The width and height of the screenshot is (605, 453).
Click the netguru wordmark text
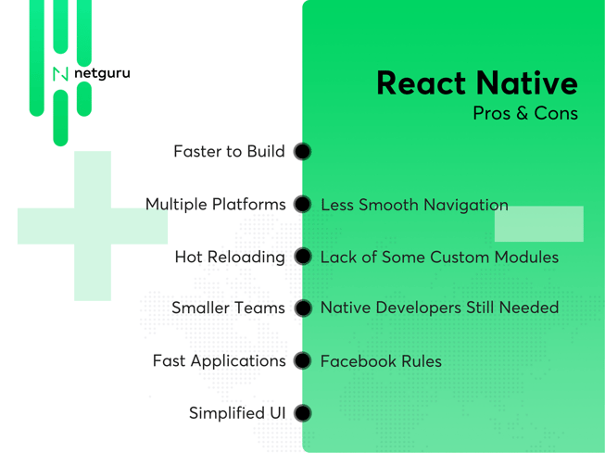(102, 73)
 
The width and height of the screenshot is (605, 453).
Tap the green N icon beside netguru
(60, 74)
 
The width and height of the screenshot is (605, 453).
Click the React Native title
(477, 83)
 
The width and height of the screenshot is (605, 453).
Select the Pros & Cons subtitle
(525, 113)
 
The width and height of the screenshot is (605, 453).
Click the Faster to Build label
(229, 151)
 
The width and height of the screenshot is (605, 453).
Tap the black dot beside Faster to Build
(302, 151)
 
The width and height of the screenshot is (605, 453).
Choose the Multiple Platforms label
(215, 205)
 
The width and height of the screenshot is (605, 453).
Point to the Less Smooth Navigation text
(414, 205)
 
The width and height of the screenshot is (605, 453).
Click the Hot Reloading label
(230, 258)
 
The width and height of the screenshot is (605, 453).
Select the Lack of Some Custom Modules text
(439, 258)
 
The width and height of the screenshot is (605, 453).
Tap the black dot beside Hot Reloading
(302, 257)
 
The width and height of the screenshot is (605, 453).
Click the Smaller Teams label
(228, 308)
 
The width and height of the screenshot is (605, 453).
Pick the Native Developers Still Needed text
(439, 308)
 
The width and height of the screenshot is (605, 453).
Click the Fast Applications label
(220, 361)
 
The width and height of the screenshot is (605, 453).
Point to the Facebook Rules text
(381, 361)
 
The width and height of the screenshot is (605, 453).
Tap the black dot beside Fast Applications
(302, 360)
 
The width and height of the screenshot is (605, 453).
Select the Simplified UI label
(237, 413)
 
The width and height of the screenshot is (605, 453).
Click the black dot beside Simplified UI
(302, 413)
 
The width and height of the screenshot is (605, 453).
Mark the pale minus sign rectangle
(539, 224)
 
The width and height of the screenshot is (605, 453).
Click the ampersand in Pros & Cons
(522, 113)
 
